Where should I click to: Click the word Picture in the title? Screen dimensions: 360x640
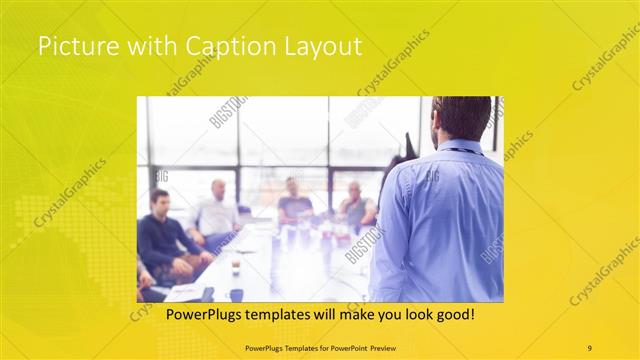(71, 46)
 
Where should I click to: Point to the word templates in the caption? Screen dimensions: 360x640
(274, 315)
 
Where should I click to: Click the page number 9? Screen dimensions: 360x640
(589, 348)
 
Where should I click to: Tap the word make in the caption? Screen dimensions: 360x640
(343, 315)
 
